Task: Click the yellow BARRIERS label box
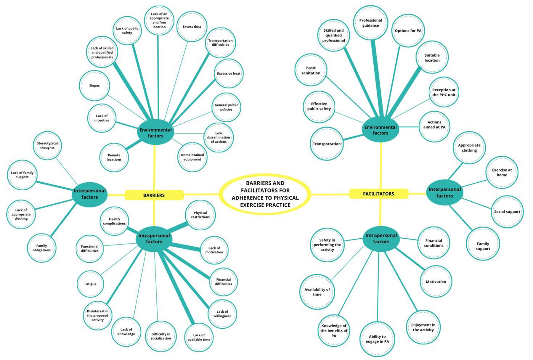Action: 154,195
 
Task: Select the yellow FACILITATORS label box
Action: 378,194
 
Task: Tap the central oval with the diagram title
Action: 265,194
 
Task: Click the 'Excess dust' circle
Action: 192,27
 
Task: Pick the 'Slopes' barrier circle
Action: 94,86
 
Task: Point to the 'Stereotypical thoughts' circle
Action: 47,145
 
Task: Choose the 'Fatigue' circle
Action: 90,284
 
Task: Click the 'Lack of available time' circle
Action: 199,337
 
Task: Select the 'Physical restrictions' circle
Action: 200,215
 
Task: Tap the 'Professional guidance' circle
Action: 370,23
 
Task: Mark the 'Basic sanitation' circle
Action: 311,70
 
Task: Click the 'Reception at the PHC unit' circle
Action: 444,92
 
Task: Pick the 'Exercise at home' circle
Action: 502,172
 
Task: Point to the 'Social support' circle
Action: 507,212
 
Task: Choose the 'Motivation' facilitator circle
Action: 436,282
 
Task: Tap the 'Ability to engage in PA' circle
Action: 377,339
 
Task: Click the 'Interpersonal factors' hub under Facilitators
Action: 444,192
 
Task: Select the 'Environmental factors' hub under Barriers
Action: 155,133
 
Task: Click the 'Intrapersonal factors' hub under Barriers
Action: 154,239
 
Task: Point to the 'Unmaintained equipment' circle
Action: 192,157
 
